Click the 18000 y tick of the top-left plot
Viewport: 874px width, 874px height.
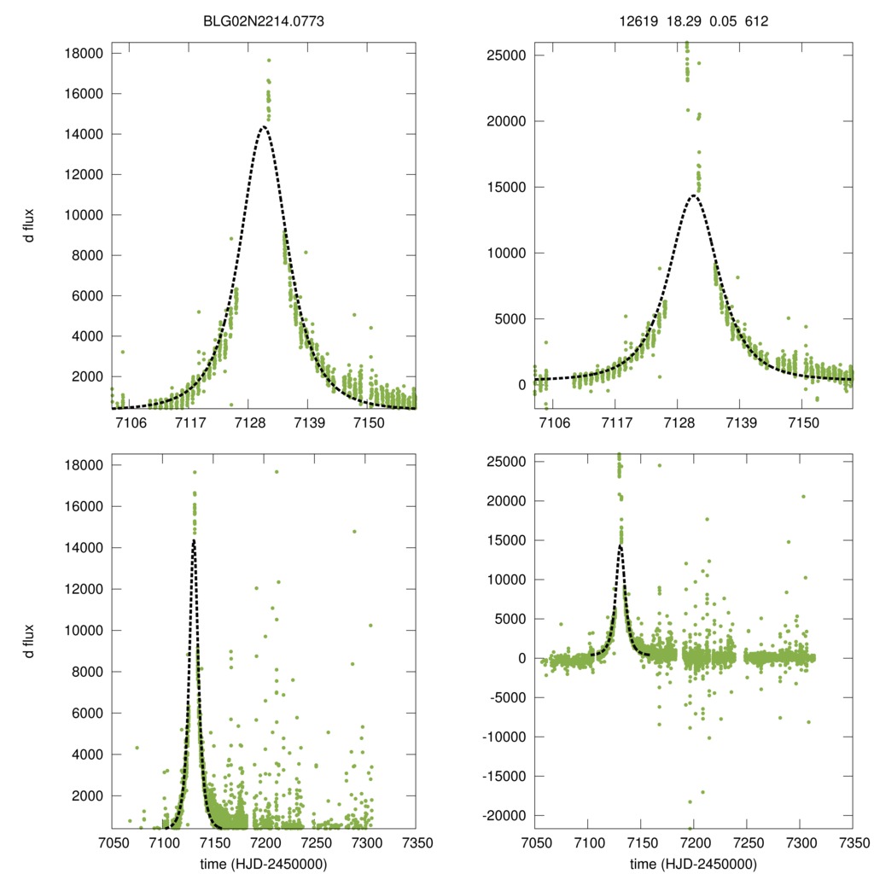point(84,54)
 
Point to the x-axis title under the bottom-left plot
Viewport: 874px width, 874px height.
point(264,863)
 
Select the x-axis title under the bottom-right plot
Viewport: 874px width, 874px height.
point(694,863)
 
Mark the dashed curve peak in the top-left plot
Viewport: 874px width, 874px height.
point(263,127)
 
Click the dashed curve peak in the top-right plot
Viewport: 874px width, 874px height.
point(693,195)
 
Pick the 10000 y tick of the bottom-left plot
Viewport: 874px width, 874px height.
point(84,631)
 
